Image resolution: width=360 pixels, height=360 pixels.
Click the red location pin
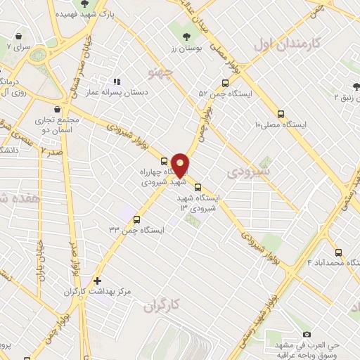pyautogui.click(x=180, y=165)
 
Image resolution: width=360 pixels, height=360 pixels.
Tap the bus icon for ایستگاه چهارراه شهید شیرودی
pyautogui.click(x=164, y=160)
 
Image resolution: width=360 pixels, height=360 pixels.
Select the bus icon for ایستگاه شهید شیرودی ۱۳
pyautogui.click(x=198, y=187)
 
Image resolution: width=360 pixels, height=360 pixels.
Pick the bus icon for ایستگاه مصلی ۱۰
pyautogui.click(x=281, y=113)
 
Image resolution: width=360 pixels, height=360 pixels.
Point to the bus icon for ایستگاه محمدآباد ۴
pyautogui.click(x=338, y=252)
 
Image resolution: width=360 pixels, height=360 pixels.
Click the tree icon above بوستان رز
pyautogui.click(x=186, y=36)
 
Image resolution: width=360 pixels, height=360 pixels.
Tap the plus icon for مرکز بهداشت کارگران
pyautogui.click(x=97, y=281)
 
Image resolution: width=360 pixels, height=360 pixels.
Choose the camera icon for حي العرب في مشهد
pyautogui.click(x=306, y=334)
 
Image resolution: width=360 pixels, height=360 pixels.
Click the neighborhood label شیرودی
pyautogui.click(x=245, y=171)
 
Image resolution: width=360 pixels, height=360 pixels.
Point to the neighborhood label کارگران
pyautogui.click(x=162, y=305)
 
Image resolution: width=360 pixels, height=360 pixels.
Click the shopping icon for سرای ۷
pyautogui.click(x=18, y=36)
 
